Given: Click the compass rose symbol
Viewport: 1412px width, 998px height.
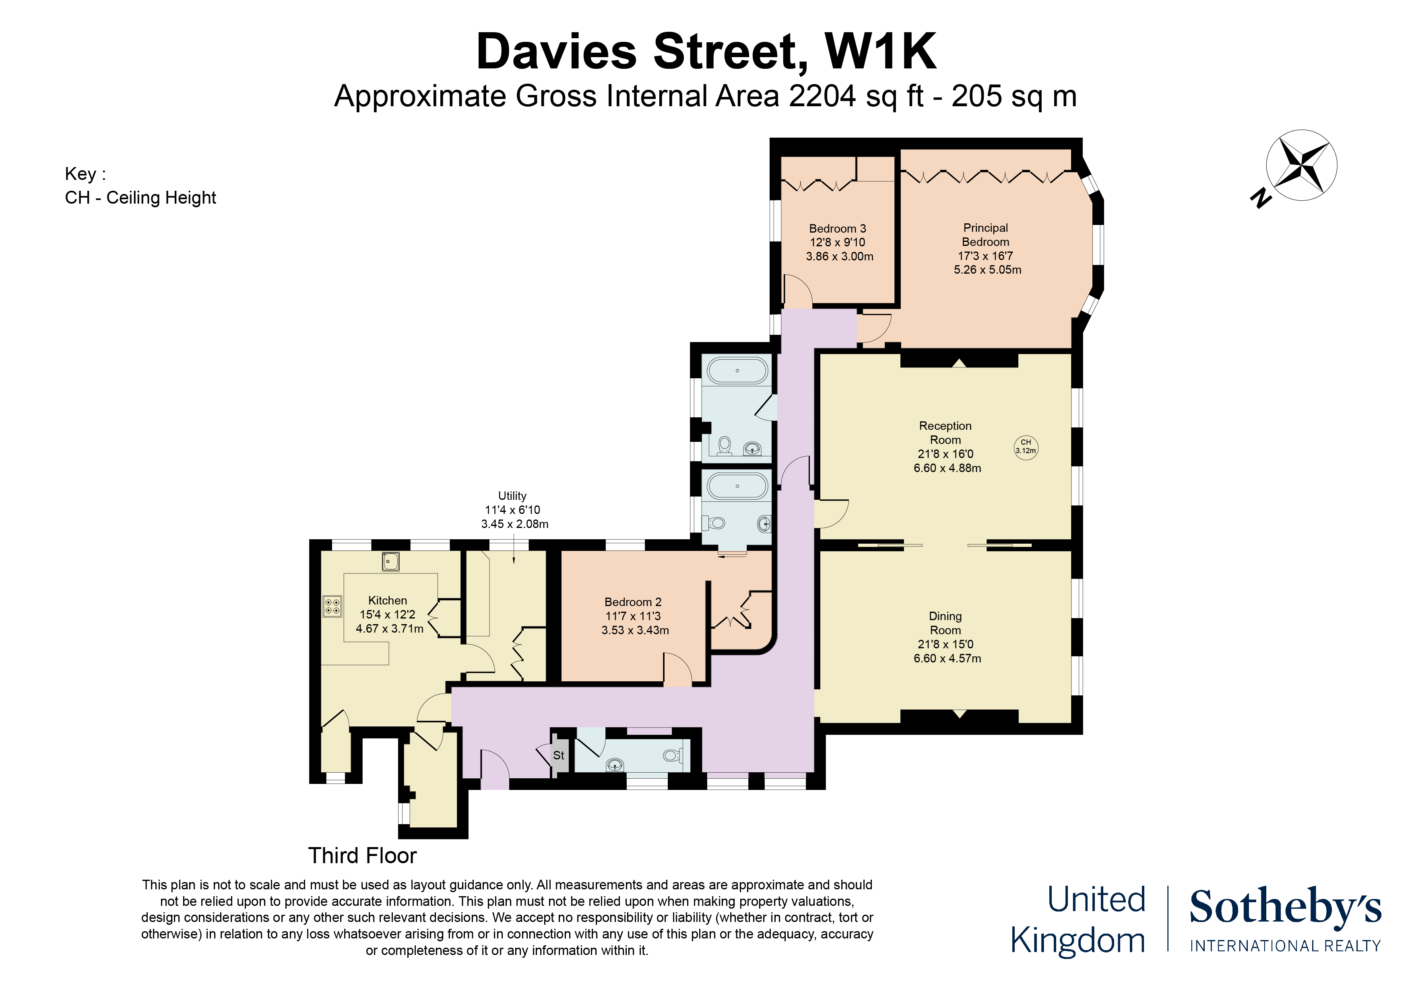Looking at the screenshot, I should pos(1301,165).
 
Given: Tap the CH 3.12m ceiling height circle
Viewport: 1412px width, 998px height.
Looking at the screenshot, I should pos(1025,446).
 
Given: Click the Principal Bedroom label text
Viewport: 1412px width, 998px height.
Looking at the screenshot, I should pos(985,235).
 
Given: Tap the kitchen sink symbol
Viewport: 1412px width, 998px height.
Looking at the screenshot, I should pos(390,561).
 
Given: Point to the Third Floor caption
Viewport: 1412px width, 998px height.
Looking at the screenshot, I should pos(362,855).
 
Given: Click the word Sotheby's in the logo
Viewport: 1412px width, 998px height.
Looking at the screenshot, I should pos(1285,907).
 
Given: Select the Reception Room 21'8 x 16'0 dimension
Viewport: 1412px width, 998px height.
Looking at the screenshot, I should pos(945,454).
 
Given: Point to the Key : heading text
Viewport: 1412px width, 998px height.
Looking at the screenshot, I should pos(85,174).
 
